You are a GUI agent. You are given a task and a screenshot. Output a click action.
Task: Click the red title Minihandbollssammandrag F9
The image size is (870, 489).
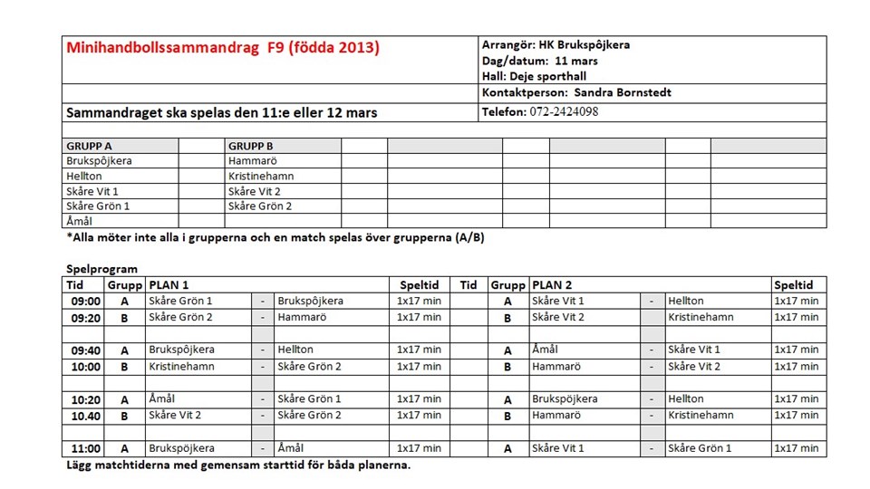click(222, 48)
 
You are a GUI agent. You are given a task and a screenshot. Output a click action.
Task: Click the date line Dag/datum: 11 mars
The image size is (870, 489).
click(540, 61)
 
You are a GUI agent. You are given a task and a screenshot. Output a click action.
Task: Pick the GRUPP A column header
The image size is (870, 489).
click(90, 146)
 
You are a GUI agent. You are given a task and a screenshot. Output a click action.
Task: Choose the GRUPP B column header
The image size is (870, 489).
click(251, 146)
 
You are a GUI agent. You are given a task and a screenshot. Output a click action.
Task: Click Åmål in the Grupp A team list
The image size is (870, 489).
click(80, 220)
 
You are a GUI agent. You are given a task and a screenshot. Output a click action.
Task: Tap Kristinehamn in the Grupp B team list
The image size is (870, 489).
click(258, 176)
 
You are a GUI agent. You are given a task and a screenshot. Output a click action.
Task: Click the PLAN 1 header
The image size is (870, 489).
click(169, 284)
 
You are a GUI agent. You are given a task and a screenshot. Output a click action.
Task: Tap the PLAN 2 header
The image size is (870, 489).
click(552, 284)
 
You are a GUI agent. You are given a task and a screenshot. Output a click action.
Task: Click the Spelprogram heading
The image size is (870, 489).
click(102, 269)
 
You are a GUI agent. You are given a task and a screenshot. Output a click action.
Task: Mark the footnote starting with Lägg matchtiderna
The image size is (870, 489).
click(238, 465)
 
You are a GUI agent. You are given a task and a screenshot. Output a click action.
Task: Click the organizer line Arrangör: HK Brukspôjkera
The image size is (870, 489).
click(556, 44)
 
